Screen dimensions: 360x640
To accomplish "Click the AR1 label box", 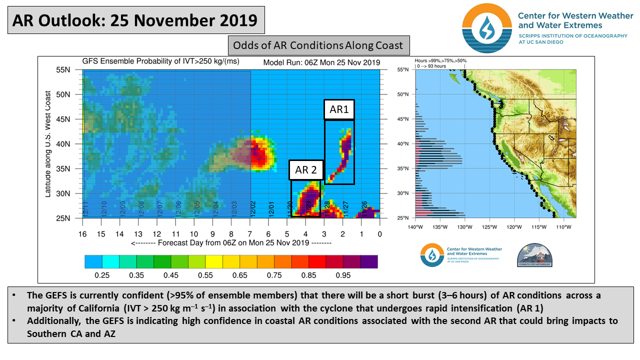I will [339, 109].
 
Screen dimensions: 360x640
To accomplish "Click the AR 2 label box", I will [306, 170].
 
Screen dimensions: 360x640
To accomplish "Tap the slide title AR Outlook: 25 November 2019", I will [135, 20].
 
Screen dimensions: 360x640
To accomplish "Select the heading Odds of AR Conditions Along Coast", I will [318, 45].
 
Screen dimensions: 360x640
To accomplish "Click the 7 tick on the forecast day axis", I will [250, 234].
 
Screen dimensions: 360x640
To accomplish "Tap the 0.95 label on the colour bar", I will [343, 275].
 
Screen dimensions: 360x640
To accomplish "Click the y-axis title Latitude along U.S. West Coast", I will [48, 144].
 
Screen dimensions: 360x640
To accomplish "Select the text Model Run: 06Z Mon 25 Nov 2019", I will [321, 62].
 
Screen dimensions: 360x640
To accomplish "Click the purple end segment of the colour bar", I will [368, 261].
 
